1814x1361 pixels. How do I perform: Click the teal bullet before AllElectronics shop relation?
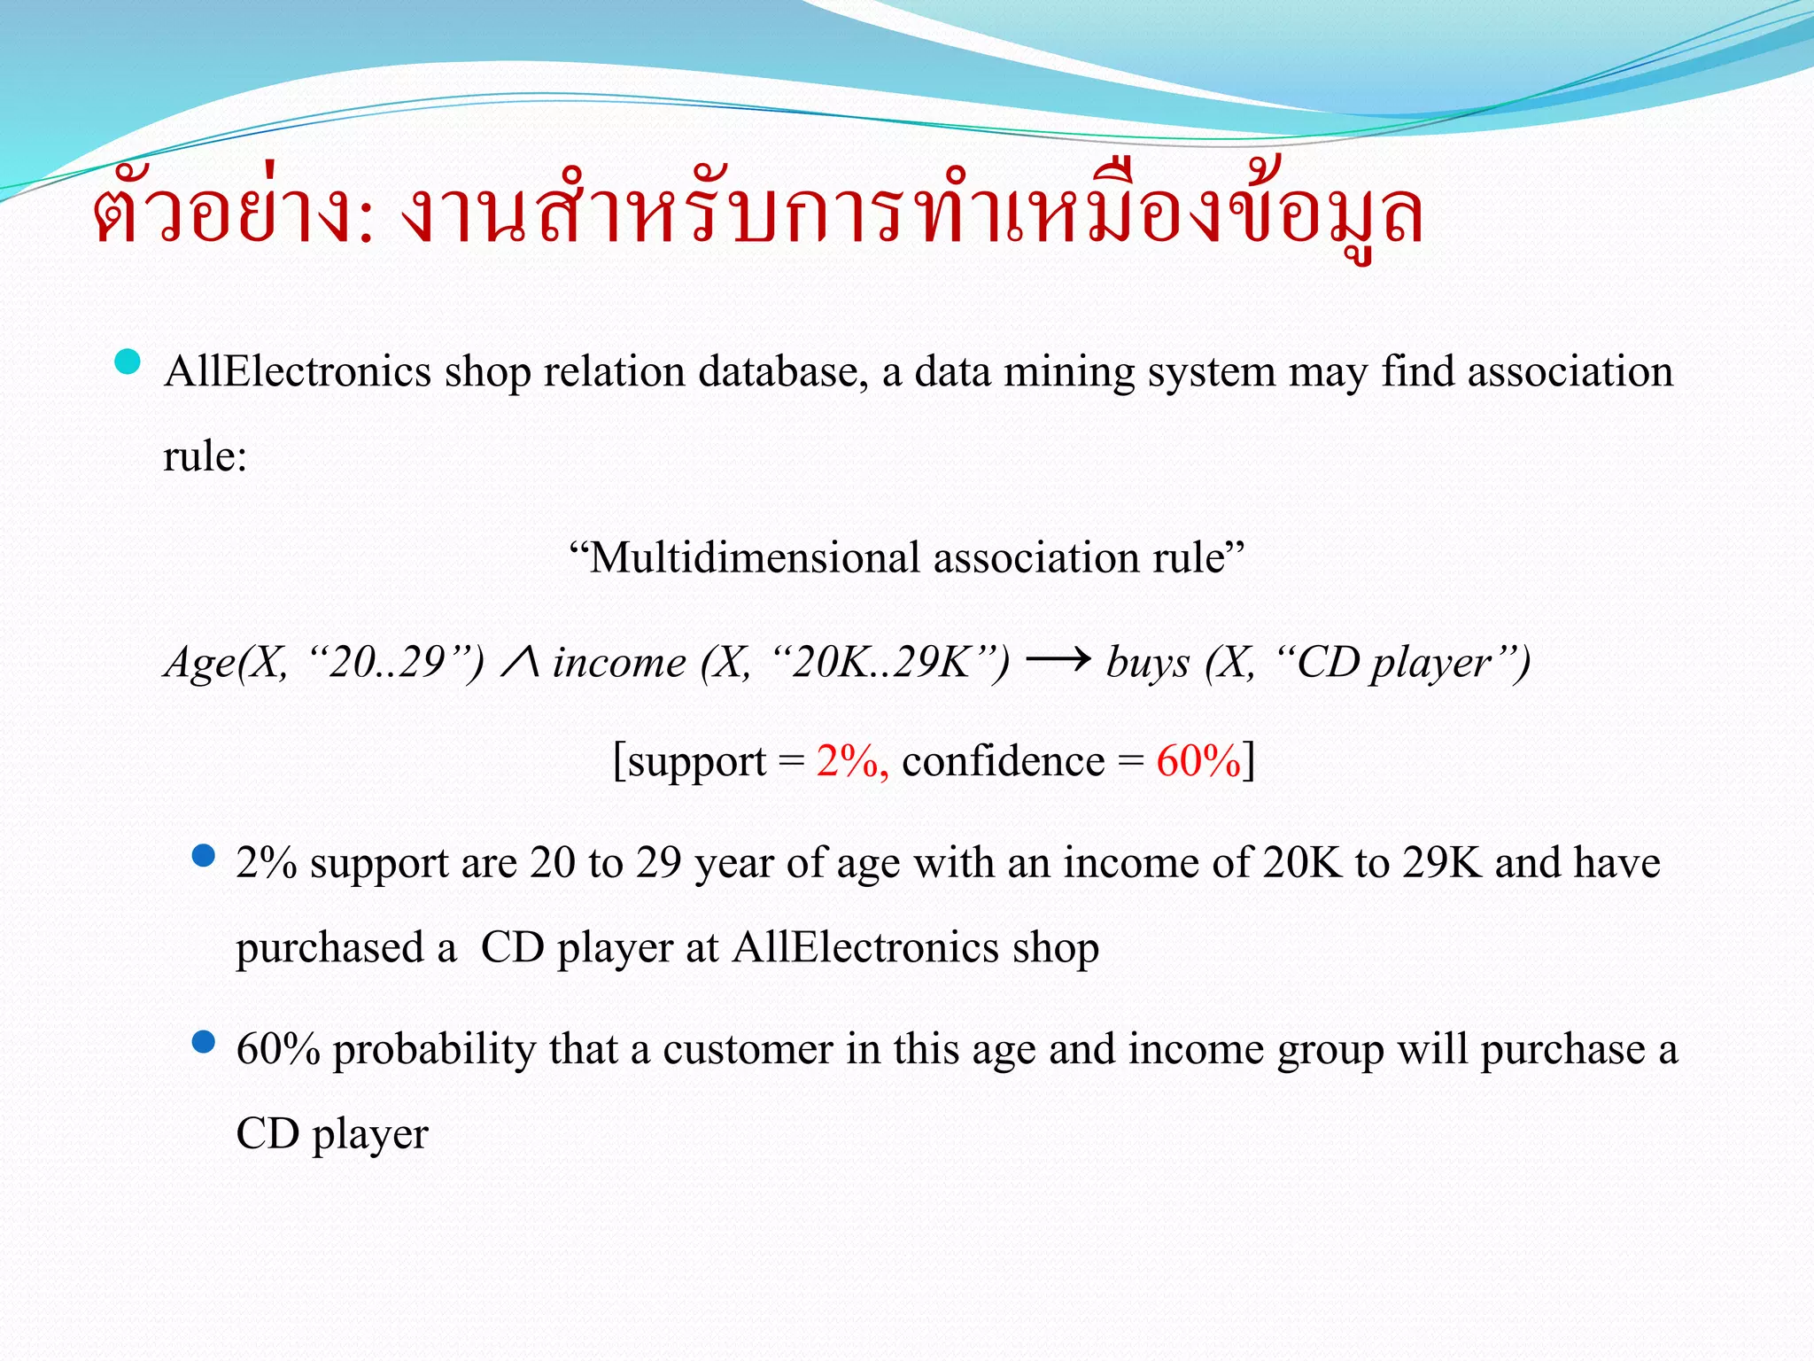point(128,362)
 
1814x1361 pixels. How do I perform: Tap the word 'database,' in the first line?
point(783,372)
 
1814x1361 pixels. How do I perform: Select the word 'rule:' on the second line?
point(205,457)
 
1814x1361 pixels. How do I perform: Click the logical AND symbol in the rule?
point(520,662)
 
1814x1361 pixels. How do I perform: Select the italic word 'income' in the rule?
point(619,663)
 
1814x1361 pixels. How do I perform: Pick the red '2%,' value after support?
point(852,761)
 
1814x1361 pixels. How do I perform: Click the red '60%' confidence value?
point(1198,761)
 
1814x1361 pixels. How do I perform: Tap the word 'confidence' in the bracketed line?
point(1004,761)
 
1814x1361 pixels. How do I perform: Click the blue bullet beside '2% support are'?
point(204,855)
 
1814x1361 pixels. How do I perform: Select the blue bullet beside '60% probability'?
point(204,1041)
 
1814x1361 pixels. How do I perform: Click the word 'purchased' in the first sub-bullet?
point(330,949)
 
